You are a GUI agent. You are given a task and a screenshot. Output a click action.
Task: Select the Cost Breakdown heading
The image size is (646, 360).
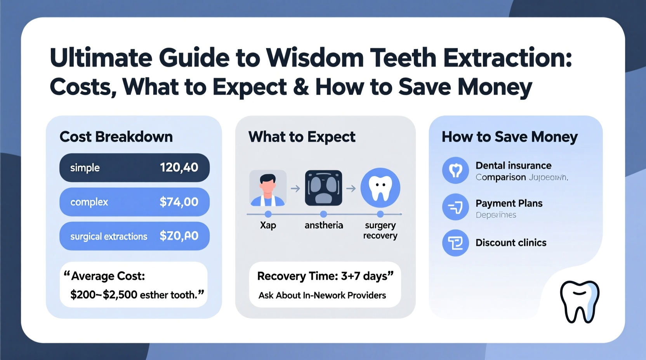click(x=116, y=137)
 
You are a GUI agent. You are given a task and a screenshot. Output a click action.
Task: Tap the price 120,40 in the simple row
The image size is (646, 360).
click(x=179, y=168)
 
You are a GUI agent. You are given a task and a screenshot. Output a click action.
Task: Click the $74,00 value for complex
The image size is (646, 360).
click(x=179, y=202)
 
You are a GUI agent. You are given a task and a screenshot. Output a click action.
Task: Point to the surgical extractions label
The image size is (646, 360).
click(x=109, y=236)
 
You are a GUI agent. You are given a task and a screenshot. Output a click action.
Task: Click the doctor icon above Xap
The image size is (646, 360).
click(x=268, y=188)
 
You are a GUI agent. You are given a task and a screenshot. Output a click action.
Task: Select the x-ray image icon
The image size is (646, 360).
click(x=323, y=188)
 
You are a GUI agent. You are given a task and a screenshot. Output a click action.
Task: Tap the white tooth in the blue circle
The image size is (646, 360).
click(x=380, y=188)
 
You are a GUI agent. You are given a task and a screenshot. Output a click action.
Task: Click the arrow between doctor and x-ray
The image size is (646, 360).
click(x=295, y=189)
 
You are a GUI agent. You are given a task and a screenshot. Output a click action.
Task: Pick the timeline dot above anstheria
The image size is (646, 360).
click(x=323, y=214)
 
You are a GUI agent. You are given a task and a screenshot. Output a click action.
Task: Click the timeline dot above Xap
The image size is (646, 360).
click(x=268, y=214)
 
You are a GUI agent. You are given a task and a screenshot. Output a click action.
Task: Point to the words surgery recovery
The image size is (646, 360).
click(x=380, y=230)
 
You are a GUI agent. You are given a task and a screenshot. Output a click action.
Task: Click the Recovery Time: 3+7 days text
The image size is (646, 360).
click(x=325, y=276)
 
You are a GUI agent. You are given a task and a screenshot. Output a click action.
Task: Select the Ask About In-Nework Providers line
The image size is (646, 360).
click(x=322, y=296)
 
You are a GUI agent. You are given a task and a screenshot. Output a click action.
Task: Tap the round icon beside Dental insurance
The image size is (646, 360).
click(x=455, y=170)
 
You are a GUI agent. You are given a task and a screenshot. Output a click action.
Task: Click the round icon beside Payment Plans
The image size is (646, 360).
click(x=455, y=207)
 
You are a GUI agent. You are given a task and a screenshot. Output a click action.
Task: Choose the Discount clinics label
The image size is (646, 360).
click(x=511, y=243)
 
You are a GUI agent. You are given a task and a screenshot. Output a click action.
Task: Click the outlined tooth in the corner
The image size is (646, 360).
click(x=580, y=301)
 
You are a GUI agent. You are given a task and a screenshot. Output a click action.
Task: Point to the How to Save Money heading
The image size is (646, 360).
click(x=510, y=137)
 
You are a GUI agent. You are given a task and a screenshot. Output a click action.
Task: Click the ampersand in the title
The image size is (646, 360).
click(x=301, y=87)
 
